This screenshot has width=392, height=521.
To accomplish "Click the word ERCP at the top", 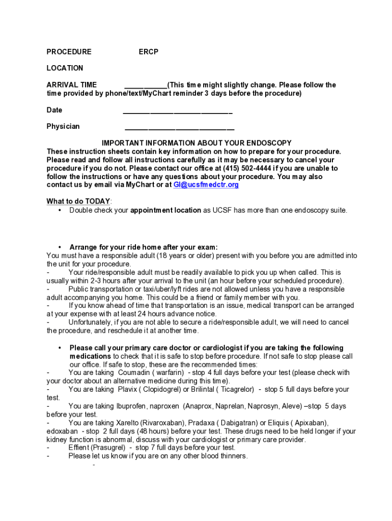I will (x=149, y=52).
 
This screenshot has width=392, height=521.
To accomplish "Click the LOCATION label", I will (x=65, y=68).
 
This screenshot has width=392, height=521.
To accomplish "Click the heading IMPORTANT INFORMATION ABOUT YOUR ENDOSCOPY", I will (x=197, y=143).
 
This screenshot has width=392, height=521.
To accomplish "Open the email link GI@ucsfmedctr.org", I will (x=206, y=185).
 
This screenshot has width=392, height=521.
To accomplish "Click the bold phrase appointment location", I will (x=165, y=210).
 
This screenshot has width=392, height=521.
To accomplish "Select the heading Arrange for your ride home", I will (x=143, y=247).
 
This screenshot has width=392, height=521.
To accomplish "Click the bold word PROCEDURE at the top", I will (x=69, y=52).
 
